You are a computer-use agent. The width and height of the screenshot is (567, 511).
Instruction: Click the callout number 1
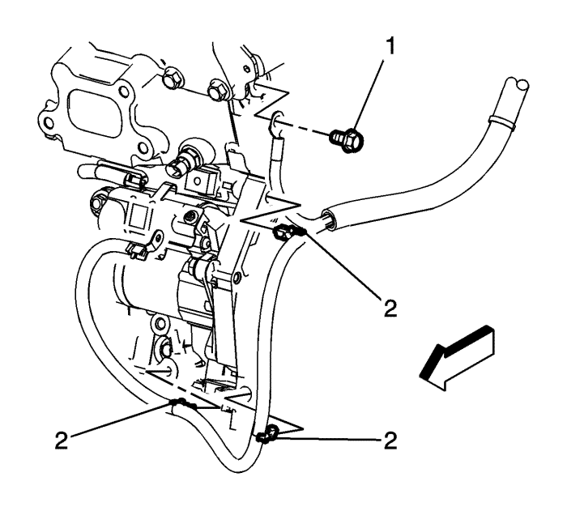coord(392,47)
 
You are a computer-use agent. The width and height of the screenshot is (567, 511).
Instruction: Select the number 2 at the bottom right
coord(391,441)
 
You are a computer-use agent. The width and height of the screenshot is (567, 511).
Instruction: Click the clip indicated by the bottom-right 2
coord(263,437)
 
